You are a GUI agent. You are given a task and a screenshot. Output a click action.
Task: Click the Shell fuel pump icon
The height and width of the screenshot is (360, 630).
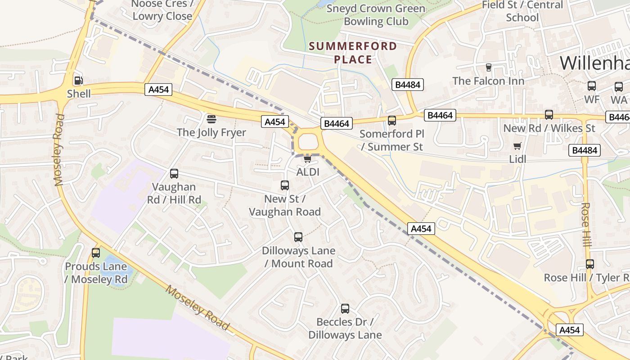[x=78, y=81]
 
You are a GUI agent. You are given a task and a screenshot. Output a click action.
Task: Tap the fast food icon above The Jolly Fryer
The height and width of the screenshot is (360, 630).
[x=211, y=119]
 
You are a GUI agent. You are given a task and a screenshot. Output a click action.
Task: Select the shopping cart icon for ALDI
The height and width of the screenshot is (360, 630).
[x=308, y=159]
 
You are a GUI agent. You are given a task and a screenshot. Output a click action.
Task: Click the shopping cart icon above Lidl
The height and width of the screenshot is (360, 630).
[x=517, y=146]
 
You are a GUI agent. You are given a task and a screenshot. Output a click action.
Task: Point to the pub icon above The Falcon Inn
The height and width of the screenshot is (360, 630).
[x=488, y=67]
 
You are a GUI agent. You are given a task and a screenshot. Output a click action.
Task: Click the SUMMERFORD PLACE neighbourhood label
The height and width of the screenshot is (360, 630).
[x=353, y=53]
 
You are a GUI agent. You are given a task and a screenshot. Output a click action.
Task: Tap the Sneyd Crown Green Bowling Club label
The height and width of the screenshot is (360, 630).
[x=376, y=15]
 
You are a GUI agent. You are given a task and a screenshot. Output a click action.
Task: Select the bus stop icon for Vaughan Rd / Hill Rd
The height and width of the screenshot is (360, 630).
[x=174, y=174]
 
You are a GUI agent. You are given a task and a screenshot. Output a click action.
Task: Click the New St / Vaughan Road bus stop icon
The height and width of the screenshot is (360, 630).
[x=285, y=185]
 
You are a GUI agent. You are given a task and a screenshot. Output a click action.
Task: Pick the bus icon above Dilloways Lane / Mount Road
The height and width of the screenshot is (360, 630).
[x=298, y=237]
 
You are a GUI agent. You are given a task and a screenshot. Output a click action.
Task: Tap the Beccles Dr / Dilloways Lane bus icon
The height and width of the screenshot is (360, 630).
[x=345, y=309]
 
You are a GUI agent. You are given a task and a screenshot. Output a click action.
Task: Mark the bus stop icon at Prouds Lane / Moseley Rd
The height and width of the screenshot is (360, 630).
[x=96, y=253]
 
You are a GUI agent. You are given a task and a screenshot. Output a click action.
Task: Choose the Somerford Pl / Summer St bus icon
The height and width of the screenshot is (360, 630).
[x=392, y=121]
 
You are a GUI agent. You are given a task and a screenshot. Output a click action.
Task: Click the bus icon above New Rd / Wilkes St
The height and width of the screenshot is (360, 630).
[x=549, y=115]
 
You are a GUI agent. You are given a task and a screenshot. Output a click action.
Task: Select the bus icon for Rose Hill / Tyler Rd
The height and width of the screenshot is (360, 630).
[x=590, y=264]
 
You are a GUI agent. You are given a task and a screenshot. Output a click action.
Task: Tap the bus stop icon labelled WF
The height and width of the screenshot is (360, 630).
[x=592, y=86]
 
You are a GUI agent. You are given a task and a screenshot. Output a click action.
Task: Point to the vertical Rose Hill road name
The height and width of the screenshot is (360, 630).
[x=585, y=225]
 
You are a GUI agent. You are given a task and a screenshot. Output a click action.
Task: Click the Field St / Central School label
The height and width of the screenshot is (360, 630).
[x=522, y=11]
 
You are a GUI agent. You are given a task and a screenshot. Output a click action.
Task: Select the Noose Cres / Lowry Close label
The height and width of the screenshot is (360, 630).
[x=162, y=10]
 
